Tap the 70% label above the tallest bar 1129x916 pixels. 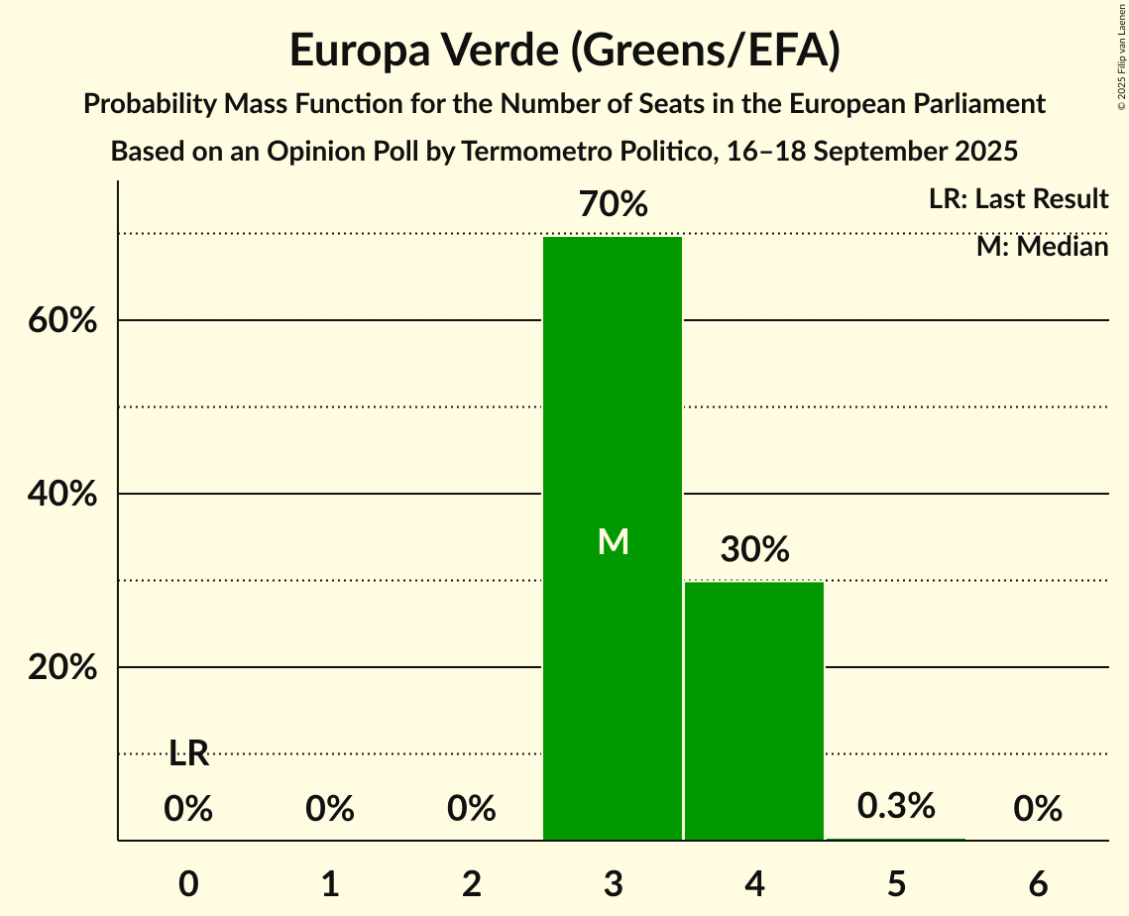point(614,205)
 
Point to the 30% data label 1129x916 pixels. point(754,549)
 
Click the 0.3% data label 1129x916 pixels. point(896,806)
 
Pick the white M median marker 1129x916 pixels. point(614,541)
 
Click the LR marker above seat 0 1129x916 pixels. point(188,754)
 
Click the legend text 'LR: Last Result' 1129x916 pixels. point(1018,199)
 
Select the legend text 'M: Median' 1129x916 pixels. point(1042,247)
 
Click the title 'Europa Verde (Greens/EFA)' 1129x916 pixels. point(565,51)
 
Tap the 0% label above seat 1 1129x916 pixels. point(330,810)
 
